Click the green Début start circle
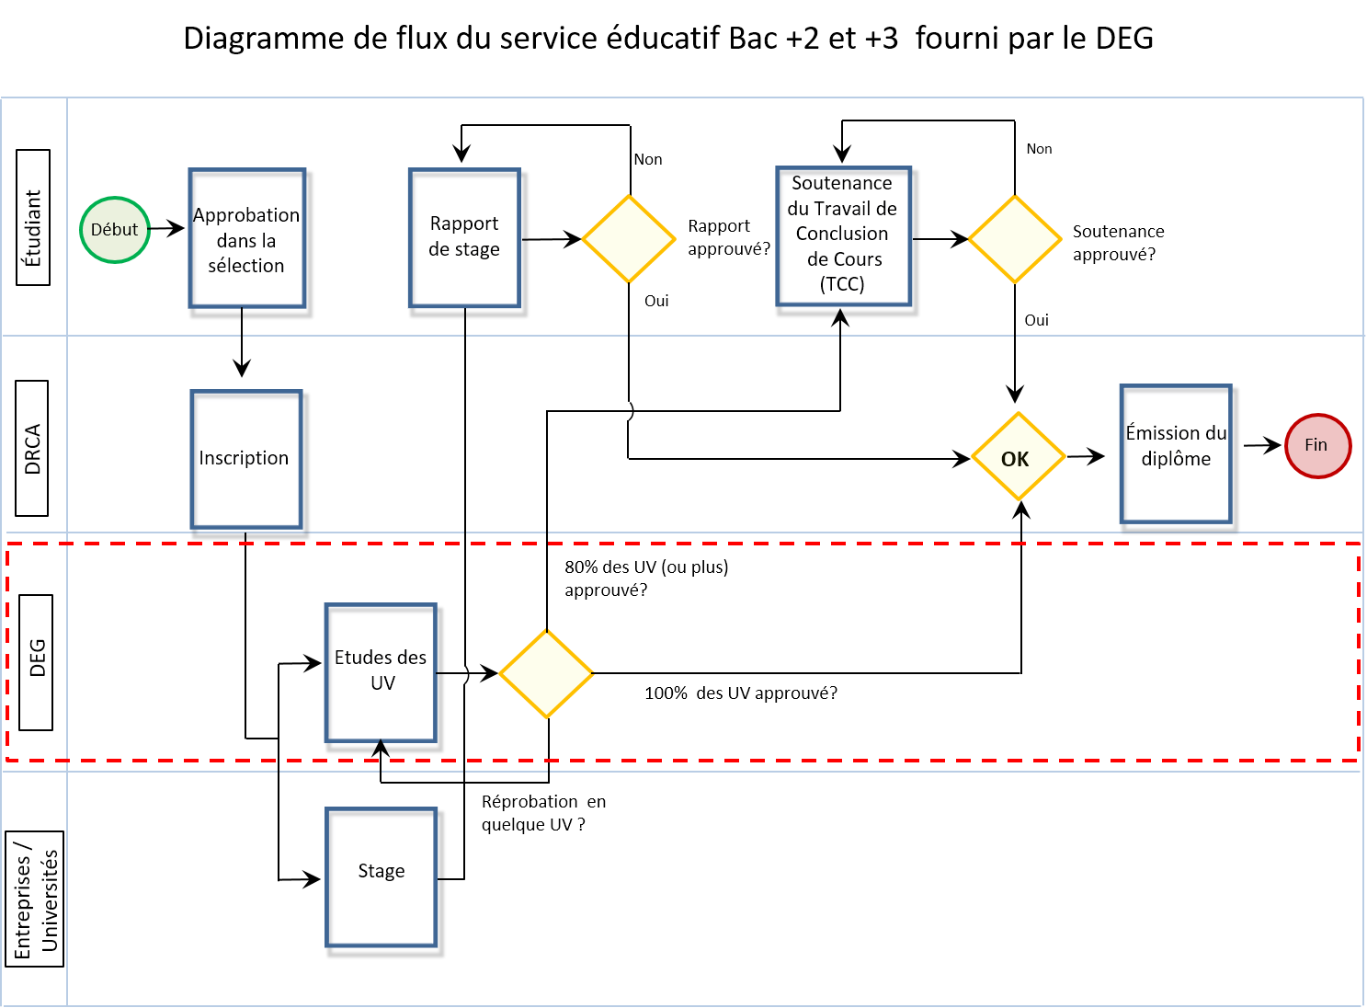114,230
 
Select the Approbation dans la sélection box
246,238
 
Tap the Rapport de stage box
464,237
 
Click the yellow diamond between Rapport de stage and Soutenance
629,239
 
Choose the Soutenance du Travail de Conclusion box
843,235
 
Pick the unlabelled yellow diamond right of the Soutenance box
1015,239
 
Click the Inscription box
245,459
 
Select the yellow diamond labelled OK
1018,457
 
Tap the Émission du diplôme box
1175,454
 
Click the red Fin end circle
1317,446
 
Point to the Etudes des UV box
381,672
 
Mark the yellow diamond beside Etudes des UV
546,673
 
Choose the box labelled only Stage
381,876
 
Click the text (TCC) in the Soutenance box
842,284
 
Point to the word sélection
246,266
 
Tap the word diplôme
1176,459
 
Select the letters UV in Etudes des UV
382,683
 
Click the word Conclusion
842,234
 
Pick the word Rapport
464,223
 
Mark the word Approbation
246,215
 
